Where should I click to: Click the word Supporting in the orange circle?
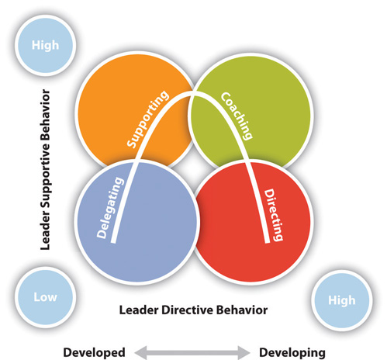coord(148,119)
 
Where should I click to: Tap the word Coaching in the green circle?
coord(237,116)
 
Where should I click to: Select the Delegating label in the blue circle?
coord(110,207)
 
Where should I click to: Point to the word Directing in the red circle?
coord(273,215)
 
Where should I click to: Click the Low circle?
coord(45,297)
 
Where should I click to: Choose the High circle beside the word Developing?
coord(342,300)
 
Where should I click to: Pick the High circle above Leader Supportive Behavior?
coord(45,45)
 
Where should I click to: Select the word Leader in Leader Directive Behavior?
coord(139,310)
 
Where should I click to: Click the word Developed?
coord(94,352)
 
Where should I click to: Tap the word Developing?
coord(292,353)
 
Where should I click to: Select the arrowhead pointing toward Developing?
coord(244,352)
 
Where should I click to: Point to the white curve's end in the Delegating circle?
coord(113,242)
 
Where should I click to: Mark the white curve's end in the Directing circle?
coord(268,242)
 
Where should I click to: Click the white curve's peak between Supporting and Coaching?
coord(192,94)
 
